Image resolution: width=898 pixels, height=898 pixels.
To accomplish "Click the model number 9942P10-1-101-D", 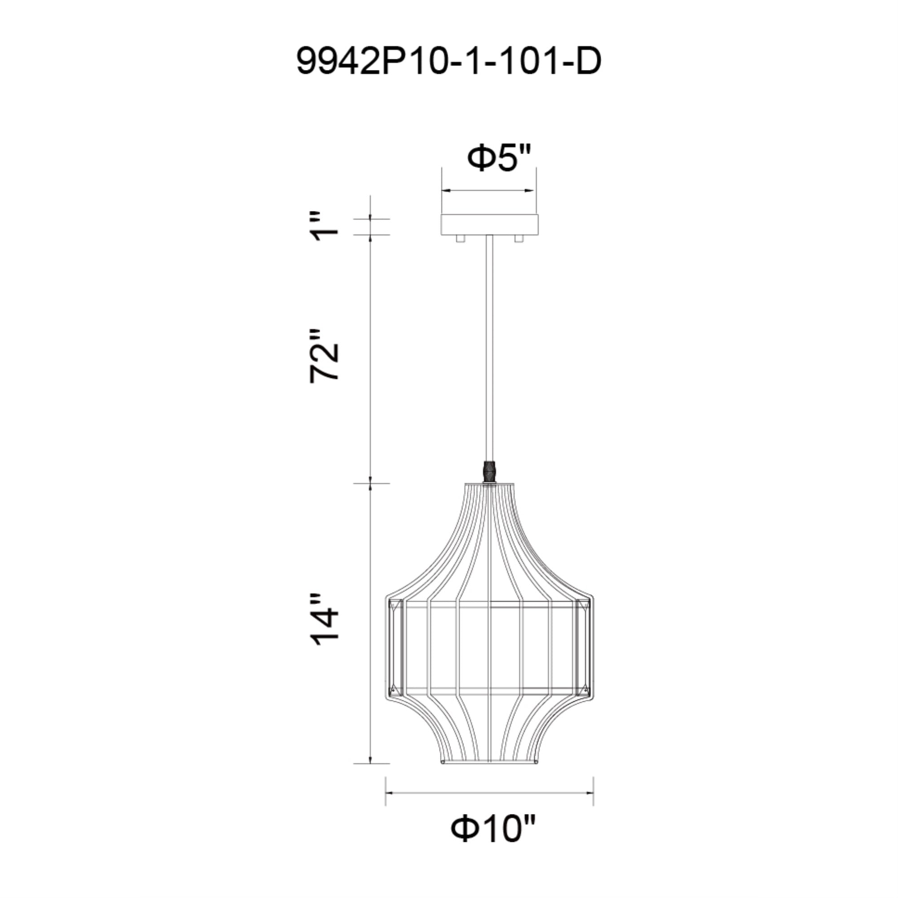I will click(x=449, y=62).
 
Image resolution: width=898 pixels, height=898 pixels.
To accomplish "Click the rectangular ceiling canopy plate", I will click(x=489, y=225).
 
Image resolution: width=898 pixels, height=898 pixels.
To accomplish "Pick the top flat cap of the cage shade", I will click(x=489, y=484).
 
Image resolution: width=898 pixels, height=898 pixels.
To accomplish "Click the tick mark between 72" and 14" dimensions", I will click(x=371, y=484).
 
